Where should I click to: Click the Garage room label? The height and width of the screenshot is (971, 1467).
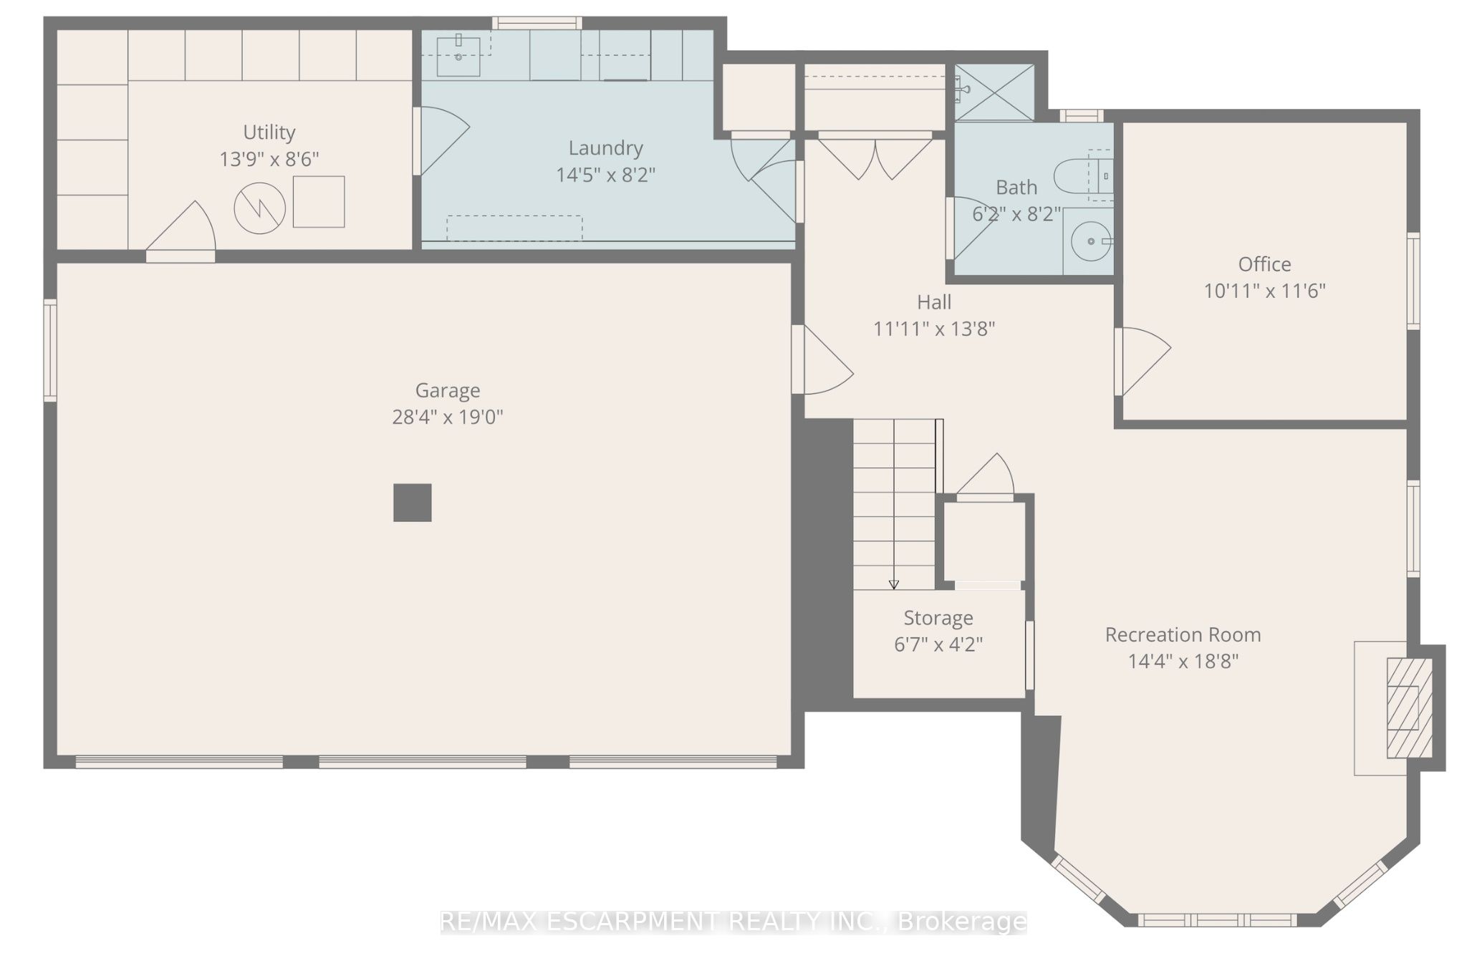point(448,390)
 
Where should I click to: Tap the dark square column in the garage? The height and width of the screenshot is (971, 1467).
point(413,503)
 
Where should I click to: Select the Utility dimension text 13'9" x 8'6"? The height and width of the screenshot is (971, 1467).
point(269,159)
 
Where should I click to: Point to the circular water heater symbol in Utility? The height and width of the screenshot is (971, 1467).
point(260,208)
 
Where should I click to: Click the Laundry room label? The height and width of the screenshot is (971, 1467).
point(606,148)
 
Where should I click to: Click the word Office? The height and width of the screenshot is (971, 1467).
point(1265,264)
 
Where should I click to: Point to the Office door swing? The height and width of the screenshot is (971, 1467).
point(1143,362)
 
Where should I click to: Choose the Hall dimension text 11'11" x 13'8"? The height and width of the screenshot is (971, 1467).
point(934,329)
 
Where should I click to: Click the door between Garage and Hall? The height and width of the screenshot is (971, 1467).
point(822,359)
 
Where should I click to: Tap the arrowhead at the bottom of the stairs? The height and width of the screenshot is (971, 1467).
point(894,584)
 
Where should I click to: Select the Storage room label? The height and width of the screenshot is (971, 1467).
point(938,618)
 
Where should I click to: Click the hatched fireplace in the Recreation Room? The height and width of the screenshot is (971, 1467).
point(1410,707)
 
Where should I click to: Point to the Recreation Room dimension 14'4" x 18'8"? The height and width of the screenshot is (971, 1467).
point(1183,661)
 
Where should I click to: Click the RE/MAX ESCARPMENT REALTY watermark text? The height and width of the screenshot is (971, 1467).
point(733,922)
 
